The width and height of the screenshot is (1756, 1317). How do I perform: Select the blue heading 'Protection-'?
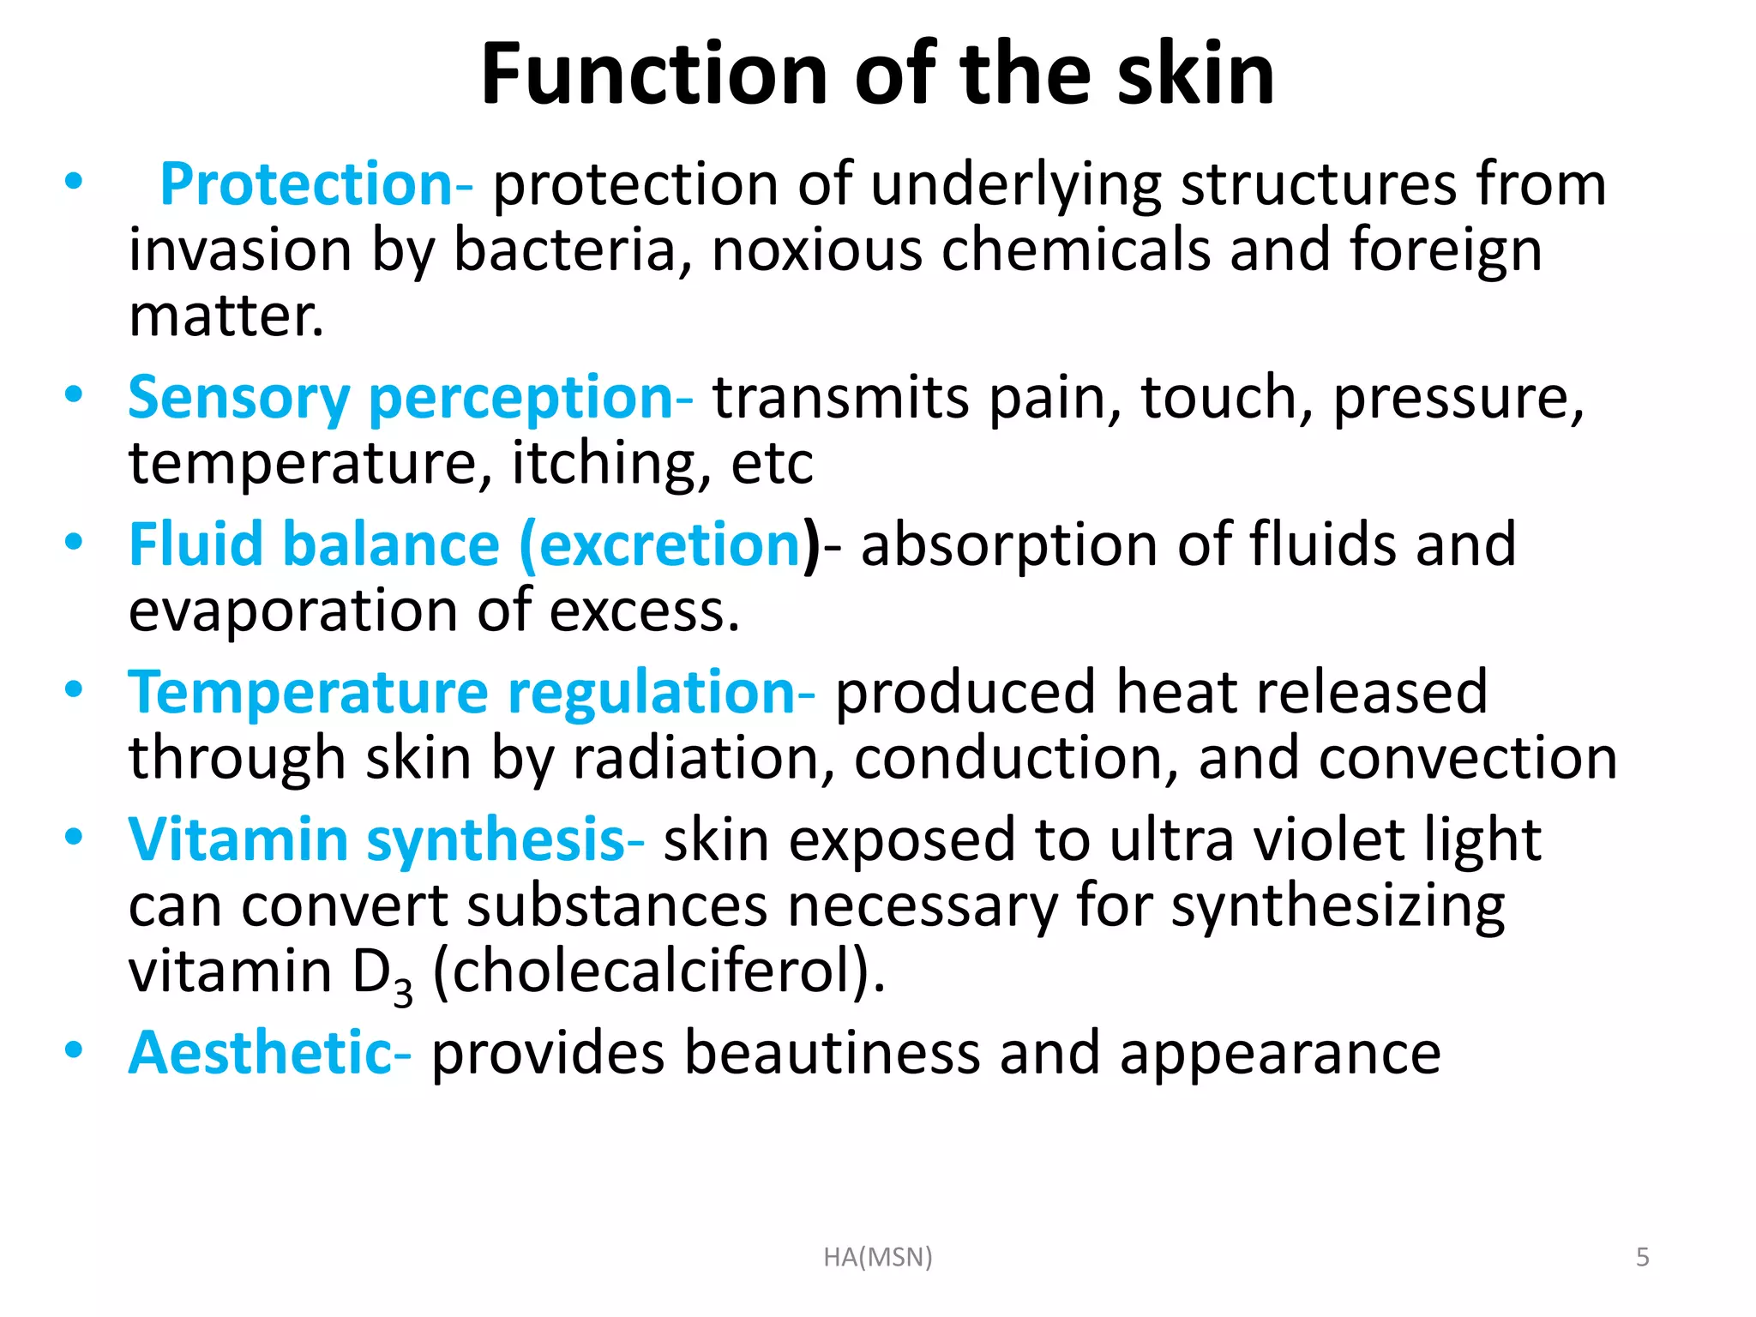click(x=316, y=184)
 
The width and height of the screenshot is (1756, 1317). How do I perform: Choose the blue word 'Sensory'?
click(x=238, y=399)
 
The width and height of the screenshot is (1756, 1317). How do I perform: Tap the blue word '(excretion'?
click(x=660, y=545)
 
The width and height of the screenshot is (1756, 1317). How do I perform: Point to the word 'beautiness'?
click(x=832, y=1053)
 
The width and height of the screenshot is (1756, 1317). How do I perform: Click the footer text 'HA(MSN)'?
click(x=877, y=1257)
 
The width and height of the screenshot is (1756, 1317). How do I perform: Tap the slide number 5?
click(x=1643, y=1257)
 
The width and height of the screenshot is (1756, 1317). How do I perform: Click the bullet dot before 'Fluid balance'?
click(x=74, y=543)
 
